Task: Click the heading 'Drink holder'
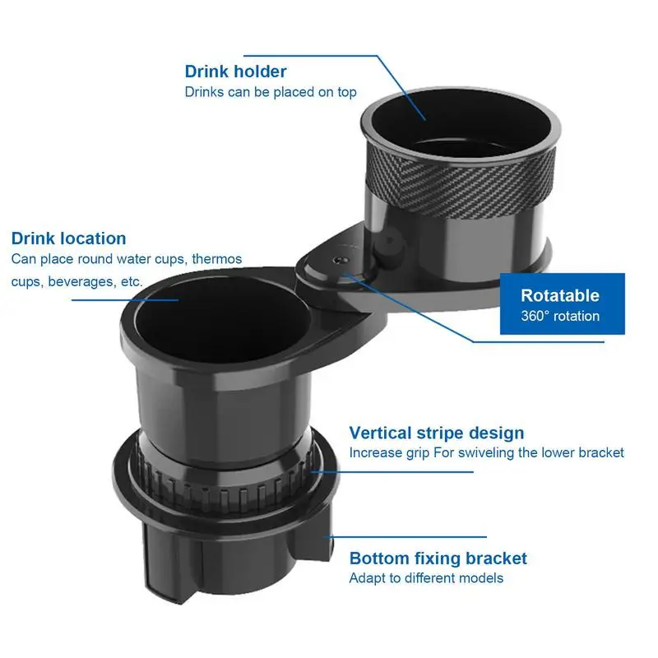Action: click(x=235, y=72)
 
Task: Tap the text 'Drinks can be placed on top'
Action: click(x=270, y=92)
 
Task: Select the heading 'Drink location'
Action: click(x=68, y=239)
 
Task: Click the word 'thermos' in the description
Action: click(x=217, y=259)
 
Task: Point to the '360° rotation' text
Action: click(x=560, y=316)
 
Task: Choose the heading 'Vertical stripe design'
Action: click(x=436, y=433)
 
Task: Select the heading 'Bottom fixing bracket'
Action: click(x=438, y=558)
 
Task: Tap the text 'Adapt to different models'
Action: click(x=425, y=578)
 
